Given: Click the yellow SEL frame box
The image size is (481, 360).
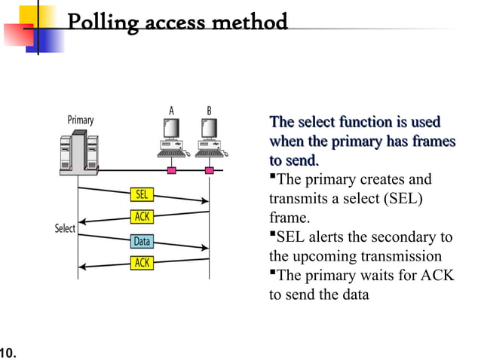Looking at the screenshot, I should (x=142, y=194).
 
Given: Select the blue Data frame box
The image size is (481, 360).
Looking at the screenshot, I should (x=142, y=242).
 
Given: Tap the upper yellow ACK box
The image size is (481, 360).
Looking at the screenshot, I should (x=142, y=217).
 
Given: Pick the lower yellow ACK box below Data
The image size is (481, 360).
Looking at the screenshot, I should (x=142, y=263).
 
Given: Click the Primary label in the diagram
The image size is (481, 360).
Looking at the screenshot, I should (x=81, y=120).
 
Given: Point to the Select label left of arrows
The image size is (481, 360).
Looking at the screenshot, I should (x=65, y=227).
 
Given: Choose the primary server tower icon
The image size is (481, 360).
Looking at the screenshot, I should (x=78, y=154).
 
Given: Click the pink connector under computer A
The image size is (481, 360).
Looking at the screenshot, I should (x=171, y=169).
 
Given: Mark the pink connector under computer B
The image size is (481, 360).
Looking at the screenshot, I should (x=209, y=169).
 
